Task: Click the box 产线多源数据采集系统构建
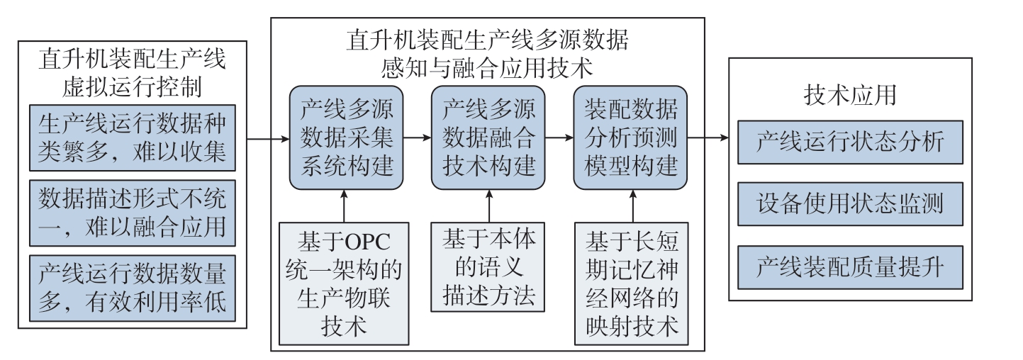[x=346, y=137]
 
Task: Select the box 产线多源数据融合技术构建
[x=488, y=137]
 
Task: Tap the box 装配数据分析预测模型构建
[x=630, y=137]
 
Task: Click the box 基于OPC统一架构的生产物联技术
[x=344, y=283]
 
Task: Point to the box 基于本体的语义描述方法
[x=488, y=267]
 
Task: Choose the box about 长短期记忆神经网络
[x=632, y=283]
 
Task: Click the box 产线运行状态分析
[x=850, y=142]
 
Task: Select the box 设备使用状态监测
[x=850, y=204]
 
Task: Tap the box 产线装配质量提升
[x=850, y=267]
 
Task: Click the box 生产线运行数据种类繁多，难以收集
[x=133, y=137]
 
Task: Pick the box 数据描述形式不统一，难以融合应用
[x=133, y=213]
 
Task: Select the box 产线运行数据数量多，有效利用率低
[x=133, y=288]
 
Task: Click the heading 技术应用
[x=850, y=95]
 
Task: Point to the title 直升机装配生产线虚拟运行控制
[x=133, y=73]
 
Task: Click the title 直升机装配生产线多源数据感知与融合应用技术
[x=487, y=54]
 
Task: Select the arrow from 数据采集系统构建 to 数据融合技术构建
[x=418, y=137]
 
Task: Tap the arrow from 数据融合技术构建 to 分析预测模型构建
[x=559, y=137]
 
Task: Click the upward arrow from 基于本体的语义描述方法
[x=490, y=206]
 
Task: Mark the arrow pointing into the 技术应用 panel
[x=708, y=137]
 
